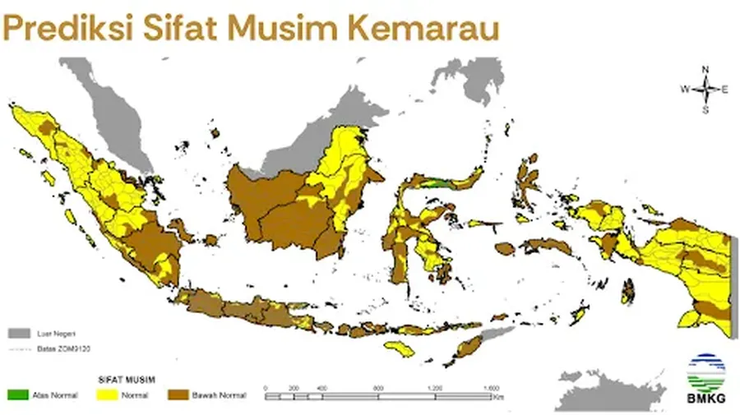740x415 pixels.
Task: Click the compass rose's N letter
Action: (705, 70)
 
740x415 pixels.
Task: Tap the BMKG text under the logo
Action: (703, 399)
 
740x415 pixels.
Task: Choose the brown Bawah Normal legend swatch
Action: (178, 396)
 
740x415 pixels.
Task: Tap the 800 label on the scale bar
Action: (377, 386)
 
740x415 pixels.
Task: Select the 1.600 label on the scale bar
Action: (491, 386)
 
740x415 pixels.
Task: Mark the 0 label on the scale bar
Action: (266, 386)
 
